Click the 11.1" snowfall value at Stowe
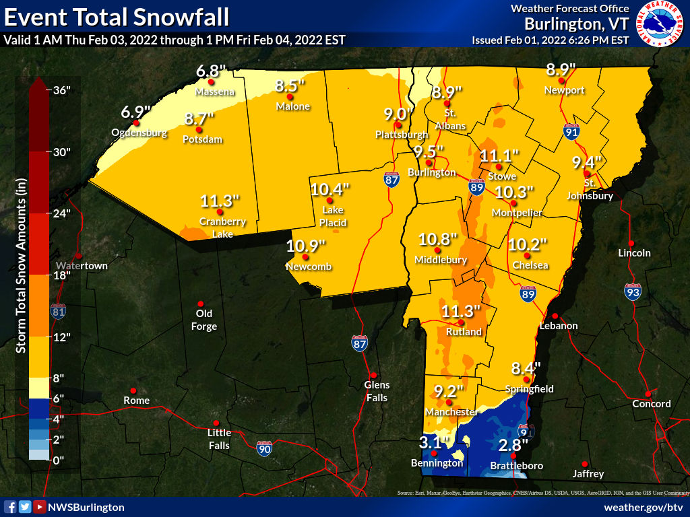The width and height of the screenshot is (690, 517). click(499, 156)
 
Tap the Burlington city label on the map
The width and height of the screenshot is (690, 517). click(431, 173)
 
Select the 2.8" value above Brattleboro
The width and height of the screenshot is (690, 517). click(513, 445)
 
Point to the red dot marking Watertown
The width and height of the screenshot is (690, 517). click(79, 256)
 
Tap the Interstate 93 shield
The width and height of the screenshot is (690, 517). click(632, 291)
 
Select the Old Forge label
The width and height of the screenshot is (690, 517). click(204, 320)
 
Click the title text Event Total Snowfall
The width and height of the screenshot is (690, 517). click(116, 16)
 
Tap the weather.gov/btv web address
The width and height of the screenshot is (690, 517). click(644, 507)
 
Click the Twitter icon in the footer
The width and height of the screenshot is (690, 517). click(25, 507)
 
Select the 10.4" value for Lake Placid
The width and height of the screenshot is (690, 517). click(330, 189)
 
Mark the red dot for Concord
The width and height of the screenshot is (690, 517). click(648, 394)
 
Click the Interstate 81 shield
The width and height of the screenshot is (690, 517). click(59, 311)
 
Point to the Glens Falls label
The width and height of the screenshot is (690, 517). click(377, 390)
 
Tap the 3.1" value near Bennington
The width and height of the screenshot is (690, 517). click(434, 442)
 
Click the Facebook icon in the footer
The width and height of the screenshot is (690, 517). click(10, 507)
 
